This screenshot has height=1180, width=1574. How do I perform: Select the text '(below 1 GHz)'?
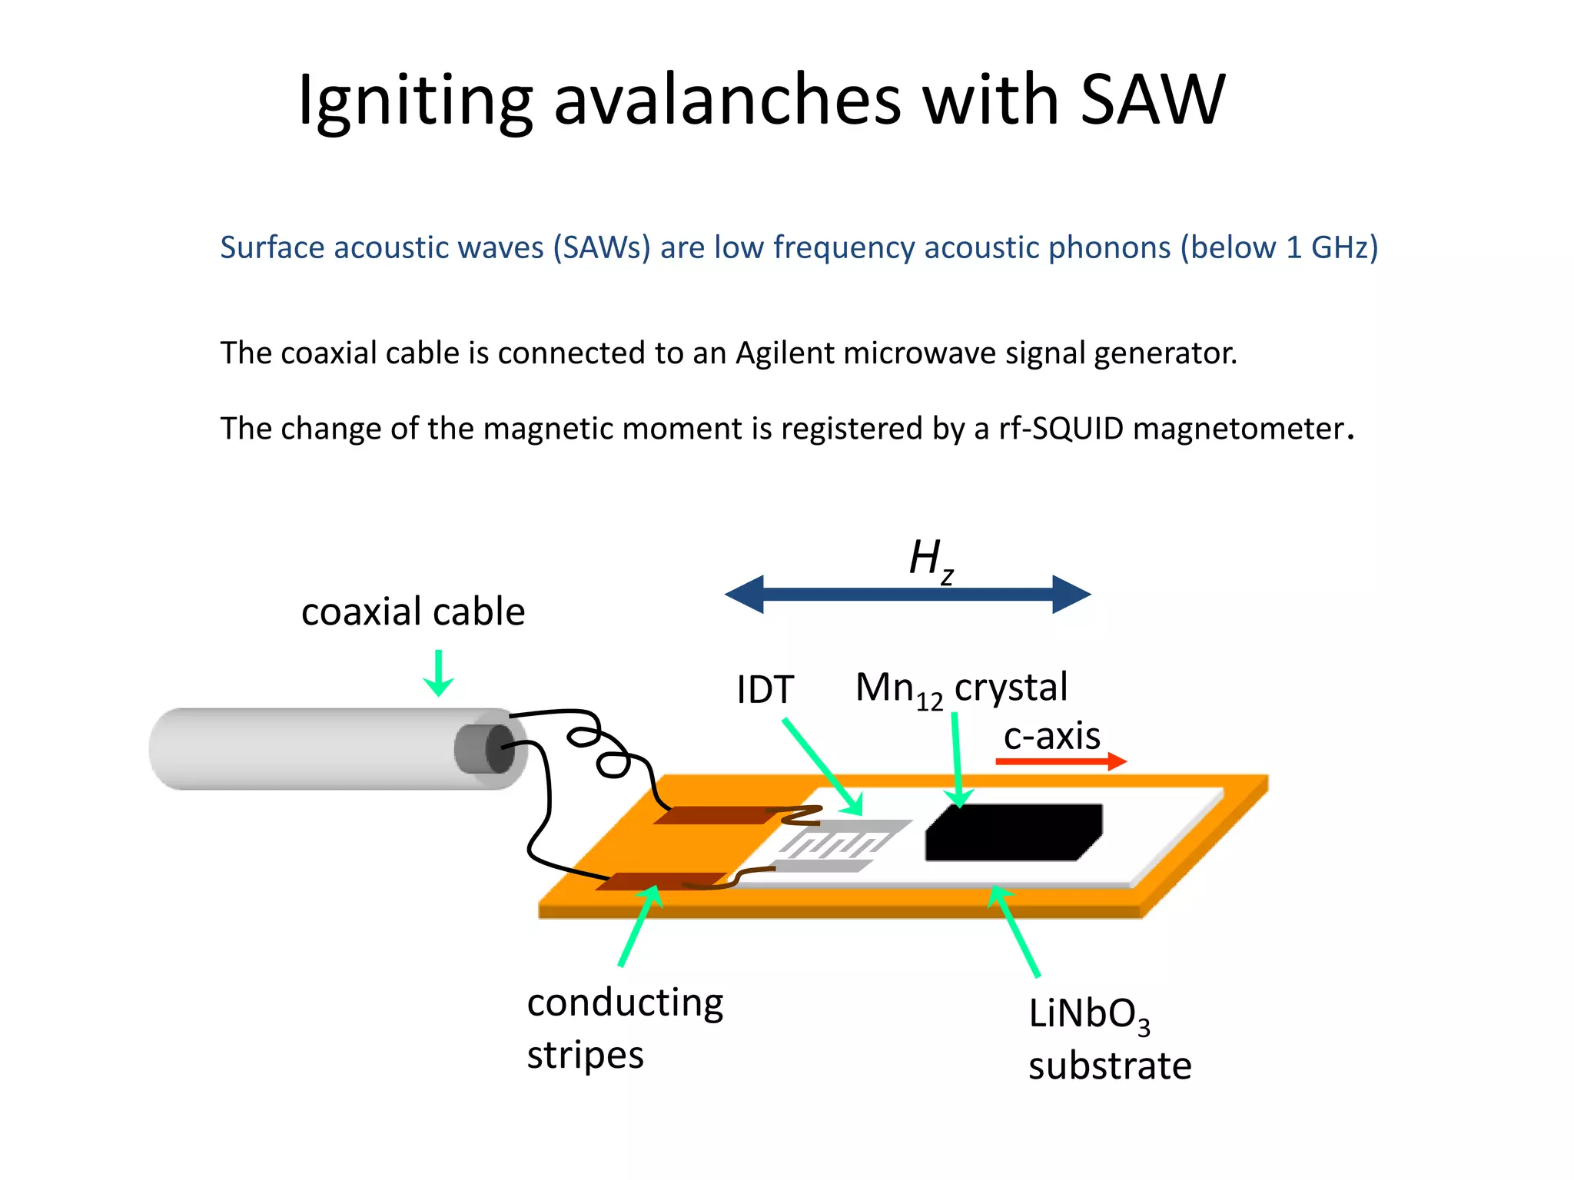tap(1279, 247)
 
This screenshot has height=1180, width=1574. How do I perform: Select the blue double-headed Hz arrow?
tap(907, 594)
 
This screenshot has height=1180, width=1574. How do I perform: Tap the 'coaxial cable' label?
tap(413, 612)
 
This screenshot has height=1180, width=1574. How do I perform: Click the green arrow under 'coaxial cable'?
tap(438, 673)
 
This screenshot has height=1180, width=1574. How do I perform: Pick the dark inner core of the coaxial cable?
tap(500, 748)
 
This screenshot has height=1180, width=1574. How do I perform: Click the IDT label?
tap(765, 689)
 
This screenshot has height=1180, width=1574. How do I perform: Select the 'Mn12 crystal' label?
tap(961, 688)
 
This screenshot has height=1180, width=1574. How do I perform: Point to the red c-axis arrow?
tap(1061, 761)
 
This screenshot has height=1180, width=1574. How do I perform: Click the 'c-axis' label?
tap(1051, 735)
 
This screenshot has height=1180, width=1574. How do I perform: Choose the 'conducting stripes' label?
tap(624, 1028)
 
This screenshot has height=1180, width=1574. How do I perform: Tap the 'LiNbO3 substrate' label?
tap(1109, 1039)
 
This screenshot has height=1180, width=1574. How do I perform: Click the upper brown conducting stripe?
tap(719, 815)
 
